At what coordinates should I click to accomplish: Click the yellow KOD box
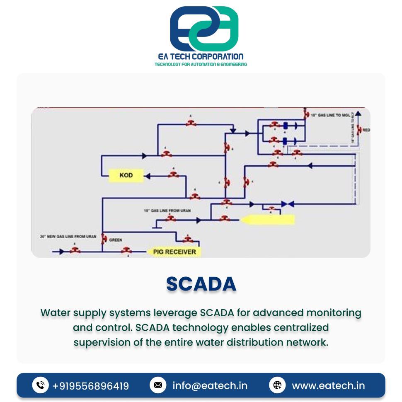coord(126,175)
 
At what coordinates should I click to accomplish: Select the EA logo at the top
coord(204,28)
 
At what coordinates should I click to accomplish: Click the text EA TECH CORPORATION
coord(201,56)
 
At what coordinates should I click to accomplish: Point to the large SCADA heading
coord(201,284)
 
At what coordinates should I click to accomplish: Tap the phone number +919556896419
coord(90,386)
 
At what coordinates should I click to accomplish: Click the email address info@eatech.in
coord(210,386)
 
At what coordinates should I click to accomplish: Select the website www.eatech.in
coord(328,386)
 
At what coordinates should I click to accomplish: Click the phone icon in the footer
coord(40,385)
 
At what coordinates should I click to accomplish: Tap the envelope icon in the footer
coord(157,385)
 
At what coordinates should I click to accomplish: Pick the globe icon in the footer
coord(277,385)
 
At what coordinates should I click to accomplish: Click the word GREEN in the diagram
coord(116,240)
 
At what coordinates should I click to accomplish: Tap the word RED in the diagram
coord(366,130)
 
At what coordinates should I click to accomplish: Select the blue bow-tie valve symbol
coord(288,204)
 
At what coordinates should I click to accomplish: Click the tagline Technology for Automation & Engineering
coord(201,65)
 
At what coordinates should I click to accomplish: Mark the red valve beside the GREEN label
coord(104,239)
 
